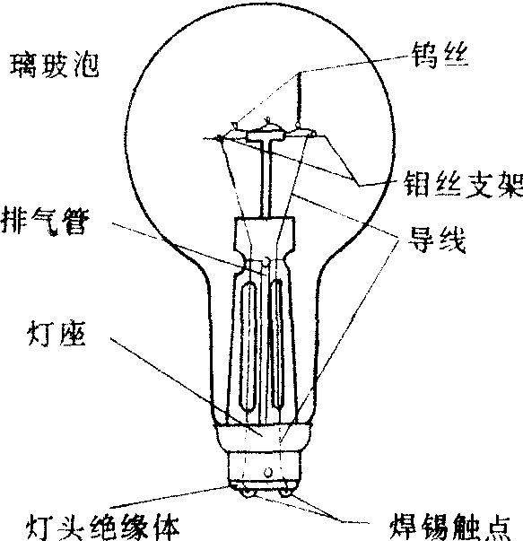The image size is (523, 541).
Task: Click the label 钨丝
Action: (440, 56)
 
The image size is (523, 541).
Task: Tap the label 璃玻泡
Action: (54, 65)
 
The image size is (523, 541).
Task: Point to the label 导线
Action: (437, 240)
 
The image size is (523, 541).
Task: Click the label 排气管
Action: (45, 222)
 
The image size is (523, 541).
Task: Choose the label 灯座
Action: (57, 334)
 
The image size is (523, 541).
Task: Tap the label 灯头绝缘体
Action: (103, 528)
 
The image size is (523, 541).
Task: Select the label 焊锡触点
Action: (450, 527)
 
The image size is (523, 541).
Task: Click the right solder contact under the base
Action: (285, 493)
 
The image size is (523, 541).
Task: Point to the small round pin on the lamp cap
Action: (268, 472)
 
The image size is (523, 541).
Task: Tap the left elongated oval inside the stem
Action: (248, 346)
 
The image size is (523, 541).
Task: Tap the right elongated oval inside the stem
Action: (277, 344)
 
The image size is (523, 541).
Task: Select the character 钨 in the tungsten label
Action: (424, 56)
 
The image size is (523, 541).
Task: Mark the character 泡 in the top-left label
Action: (86, 65)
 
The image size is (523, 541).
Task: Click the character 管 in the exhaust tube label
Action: (76, 222)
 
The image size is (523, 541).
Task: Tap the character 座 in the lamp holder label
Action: (73, 334)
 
